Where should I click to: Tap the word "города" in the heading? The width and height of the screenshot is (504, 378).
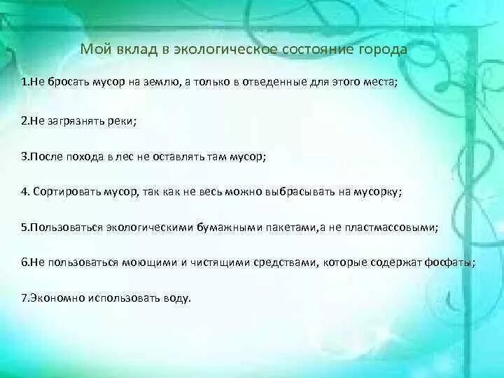(x=381, y=50)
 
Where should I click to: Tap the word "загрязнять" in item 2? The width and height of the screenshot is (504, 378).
(x=73, y=120)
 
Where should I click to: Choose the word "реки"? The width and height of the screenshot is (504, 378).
(x=121, y=120)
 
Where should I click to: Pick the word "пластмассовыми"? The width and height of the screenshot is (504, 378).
(x=396, y=227)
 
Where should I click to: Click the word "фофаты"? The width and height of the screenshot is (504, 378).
(x=452, y=263)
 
